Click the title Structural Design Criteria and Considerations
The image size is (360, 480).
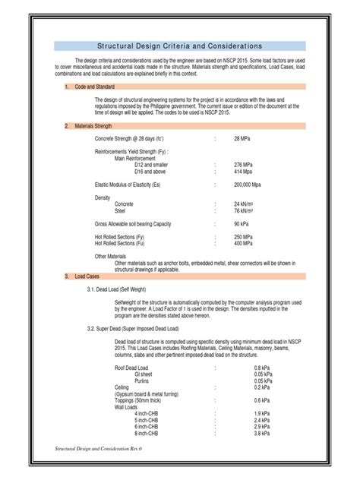click(180, 46)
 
